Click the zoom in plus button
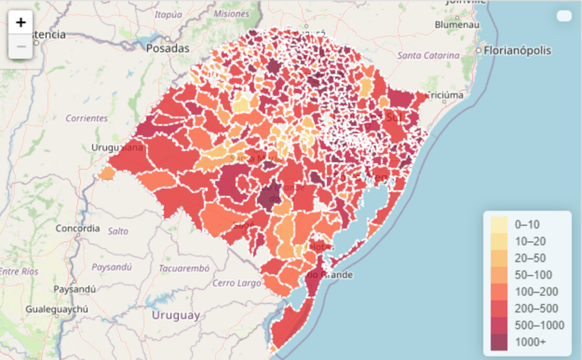(21, 23)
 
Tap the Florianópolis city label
(518, 51)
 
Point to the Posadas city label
(168, 48)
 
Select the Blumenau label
(457, 24)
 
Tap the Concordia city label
(78, 229)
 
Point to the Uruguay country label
(176, 315)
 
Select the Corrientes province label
(86, 118)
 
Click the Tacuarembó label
(184, 268)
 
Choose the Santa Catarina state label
(428, 55)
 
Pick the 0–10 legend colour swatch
(499, 224)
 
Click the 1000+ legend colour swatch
(499, 342)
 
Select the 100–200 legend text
(537, 292)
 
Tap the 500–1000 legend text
(539, 325)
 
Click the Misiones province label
(231, 14)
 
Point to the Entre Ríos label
(19, 271)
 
